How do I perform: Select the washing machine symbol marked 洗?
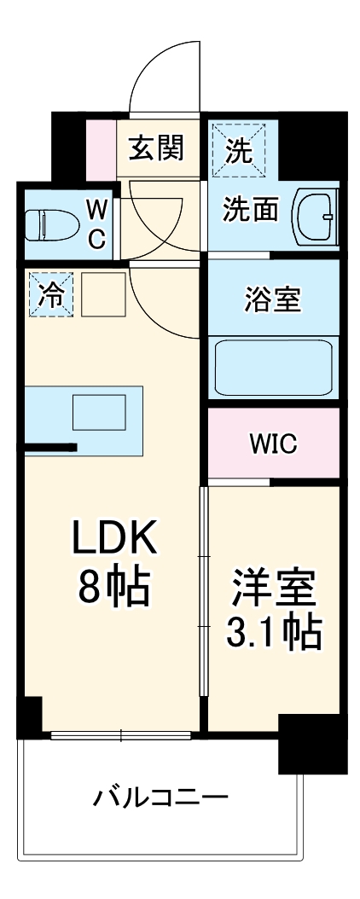tap(239, 150)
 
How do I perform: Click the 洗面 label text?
tap(251, 210)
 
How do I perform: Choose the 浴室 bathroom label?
tap(273, 299)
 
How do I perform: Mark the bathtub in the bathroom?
tap(273, 367)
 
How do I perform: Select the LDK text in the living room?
tap(115, 537)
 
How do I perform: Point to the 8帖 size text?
tap(115, 587)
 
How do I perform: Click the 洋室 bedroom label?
tap(273, 589)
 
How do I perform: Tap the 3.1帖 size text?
tap(273, 633)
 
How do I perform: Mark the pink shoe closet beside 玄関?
tap(101, 149)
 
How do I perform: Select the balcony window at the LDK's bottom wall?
tap(120, 734)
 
